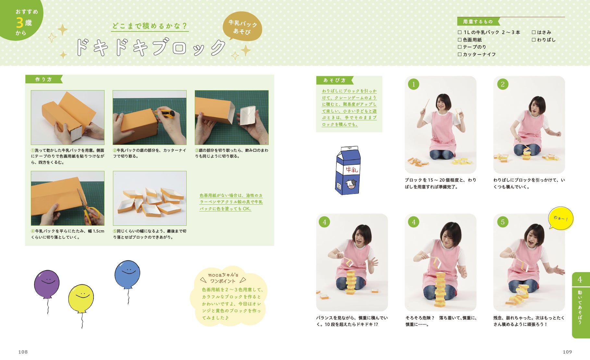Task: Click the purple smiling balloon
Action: [47, 284]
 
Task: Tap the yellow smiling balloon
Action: [81, 299]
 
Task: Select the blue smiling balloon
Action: [127, 274]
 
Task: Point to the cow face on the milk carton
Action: [351, 184]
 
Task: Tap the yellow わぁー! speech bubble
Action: [561, 218]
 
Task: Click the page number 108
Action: [23, 352]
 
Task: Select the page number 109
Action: [567, 352]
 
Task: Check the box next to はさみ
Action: [534, 32]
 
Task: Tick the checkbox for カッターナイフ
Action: [460, 54]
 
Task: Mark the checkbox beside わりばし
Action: [534, 40]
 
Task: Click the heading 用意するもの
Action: [478, 22]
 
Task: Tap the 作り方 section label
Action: [43, 79]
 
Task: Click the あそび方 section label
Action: [334, 80]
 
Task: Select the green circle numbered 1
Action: [413, 84]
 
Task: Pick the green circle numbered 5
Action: [502, 222]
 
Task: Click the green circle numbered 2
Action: [502, 84]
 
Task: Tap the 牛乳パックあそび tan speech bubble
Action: [242, 27]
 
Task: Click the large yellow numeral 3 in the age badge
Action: [19, 23]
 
